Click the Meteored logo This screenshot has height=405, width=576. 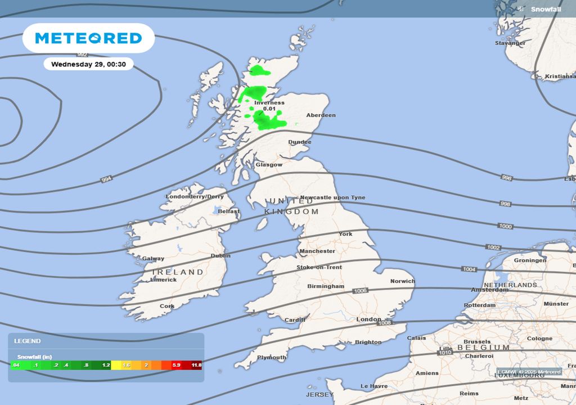coord(88,38)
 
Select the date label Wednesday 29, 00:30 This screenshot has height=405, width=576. coord(88,64)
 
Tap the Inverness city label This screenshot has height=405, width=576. coord(269,103)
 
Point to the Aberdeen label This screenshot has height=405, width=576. coord(321,115)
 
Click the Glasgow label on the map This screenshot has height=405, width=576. coord(269,165)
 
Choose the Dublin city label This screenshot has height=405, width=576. coord(220,255)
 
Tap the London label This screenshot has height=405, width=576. coord(369,319)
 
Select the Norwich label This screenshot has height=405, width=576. coord(403,281)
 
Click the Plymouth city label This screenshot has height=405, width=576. coord(272,357)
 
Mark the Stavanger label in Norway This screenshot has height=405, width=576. coord(510,43)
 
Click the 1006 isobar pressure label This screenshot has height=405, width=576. coord(361,291)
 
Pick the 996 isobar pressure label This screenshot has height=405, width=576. coord(506,178)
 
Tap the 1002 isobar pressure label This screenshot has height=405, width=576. coord(493,247)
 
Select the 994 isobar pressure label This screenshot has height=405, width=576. coord(106,179)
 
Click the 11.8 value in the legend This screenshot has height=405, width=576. coord(196,365)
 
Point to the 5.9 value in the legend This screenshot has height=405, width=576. coord(176,365)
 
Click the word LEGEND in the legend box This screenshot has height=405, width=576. coord(28,341)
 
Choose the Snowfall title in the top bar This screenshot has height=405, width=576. coord(546,9)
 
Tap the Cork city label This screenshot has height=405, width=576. coord(167,307)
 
